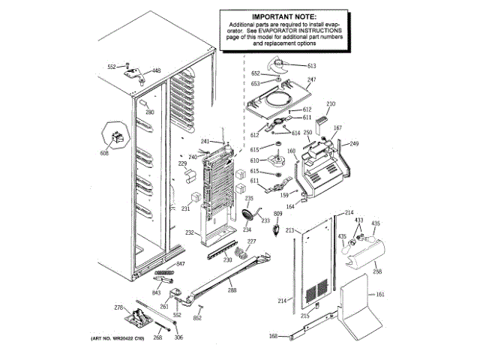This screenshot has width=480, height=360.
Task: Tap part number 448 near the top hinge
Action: pos(156,70)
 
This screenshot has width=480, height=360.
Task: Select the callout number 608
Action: pos(104,154)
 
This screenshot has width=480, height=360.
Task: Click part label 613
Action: pos(311,66)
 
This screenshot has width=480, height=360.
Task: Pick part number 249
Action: pos(354,143)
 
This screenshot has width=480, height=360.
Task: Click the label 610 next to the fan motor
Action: pos(254,160)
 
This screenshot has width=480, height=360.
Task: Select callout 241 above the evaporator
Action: pos(205,141)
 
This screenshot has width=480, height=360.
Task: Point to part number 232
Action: pos(190,233)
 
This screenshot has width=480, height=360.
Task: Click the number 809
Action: pos(277,214)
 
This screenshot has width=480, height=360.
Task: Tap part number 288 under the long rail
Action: pos(232,289)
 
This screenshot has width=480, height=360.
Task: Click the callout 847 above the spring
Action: pos(180,265)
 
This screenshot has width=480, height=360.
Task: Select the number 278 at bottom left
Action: pos(118,307)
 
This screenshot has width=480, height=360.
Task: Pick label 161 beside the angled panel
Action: pos(379,294)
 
